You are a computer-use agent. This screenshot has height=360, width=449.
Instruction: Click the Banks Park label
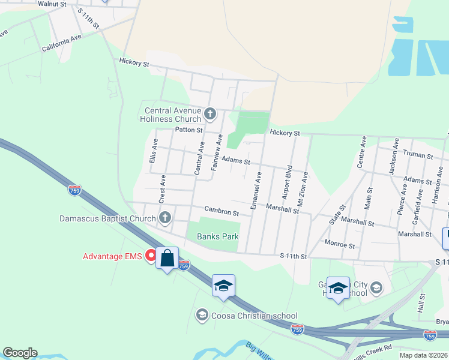(218, 236)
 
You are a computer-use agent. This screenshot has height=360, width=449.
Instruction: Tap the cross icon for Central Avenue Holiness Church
(210, 113)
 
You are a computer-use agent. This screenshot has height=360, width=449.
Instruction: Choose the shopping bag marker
(167, 259)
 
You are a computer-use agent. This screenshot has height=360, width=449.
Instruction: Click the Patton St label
(189, 130)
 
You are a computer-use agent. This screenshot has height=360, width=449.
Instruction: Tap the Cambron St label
(221, 212)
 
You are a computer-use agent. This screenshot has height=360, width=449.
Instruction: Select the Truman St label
(418, 156)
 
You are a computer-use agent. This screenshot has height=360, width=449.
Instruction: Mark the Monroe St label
(340, 245)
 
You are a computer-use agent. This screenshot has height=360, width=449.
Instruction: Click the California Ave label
(61, 43)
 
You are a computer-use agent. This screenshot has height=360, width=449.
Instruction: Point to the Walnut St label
(51, 4)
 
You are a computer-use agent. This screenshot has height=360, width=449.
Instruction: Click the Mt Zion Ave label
(303, 188)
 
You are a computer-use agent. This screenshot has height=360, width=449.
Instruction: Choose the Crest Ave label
(162, 188)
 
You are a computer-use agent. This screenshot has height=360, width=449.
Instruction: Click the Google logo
(20, 353)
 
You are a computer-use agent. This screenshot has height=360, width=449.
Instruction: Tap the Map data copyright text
(423, 355)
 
